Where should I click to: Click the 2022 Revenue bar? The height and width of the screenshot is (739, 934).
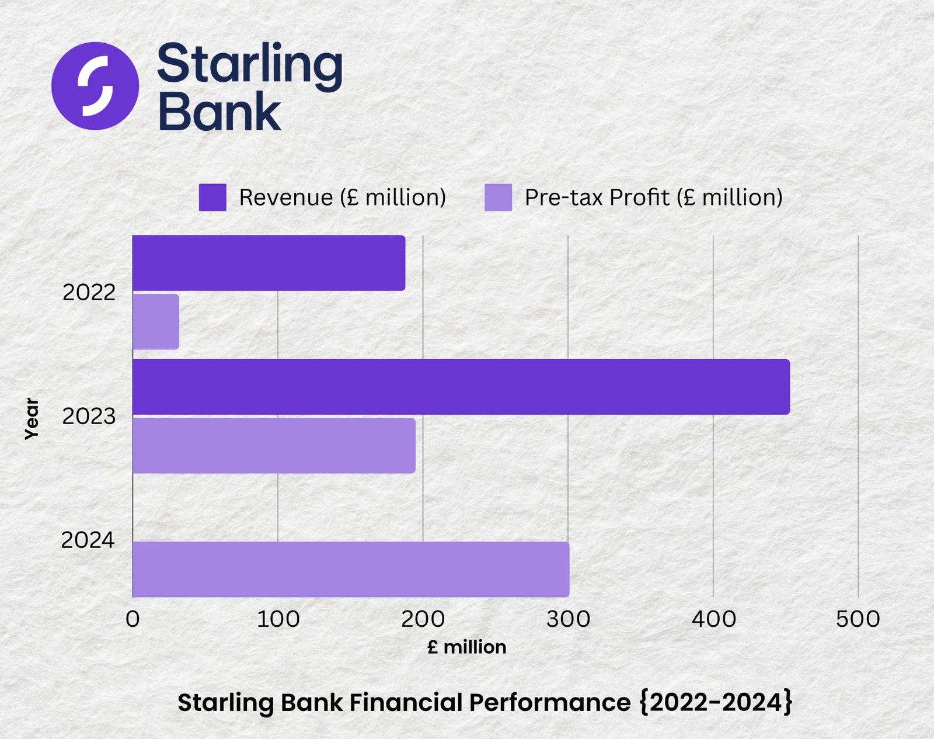pos(269,263)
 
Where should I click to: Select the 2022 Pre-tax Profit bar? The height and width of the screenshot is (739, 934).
pos(156,322)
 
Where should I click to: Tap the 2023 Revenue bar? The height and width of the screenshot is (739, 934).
pos(461,387)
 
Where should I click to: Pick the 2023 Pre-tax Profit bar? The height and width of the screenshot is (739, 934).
pos(274,446)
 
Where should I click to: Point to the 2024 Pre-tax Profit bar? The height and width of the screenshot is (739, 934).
pos(350,569)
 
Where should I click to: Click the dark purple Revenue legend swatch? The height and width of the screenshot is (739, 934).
pos(212,197)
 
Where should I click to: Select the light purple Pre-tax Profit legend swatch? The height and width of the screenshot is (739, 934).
pos(498,197)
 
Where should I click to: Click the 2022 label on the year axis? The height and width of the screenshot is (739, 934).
pos(89,293)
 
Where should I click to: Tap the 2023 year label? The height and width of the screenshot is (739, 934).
pos(89,417)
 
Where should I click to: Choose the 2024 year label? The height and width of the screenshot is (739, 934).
pos(88,540)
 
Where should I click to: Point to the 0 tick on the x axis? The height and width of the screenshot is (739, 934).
pos(133,619)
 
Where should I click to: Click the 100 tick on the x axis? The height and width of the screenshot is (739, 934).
pos(278,619)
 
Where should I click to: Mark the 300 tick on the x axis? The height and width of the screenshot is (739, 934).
pos(568,619)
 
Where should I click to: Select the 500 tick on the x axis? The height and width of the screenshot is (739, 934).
pos(858,619)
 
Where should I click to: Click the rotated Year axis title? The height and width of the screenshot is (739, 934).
pos(32,418)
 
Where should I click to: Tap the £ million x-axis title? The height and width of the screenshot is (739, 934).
pos(466,647)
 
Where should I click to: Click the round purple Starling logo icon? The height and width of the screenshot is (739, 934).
pos(95,86)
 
